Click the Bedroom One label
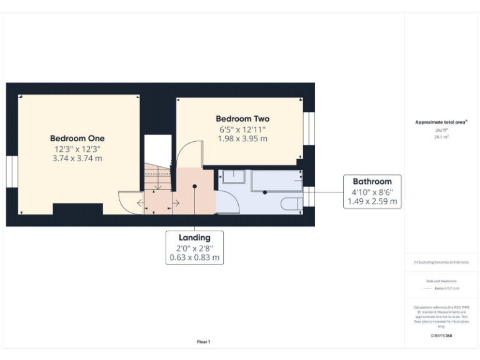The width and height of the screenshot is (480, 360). click(x=77, y=138)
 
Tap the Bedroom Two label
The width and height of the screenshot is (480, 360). click(x=242, y=119)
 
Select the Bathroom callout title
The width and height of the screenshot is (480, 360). click(x=372, y=182)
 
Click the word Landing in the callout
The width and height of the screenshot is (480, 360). click(x=194, y=237)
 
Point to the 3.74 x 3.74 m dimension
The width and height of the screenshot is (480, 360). click(x=77, y=159)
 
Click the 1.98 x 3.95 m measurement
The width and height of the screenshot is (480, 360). click(x=242, y=139)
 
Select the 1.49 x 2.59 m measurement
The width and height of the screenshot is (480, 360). click(x=372, y=202)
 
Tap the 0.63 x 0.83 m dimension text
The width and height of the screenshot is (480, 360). click(x=194, y=257)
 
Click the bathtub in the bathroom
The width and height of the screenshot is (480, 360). click(x=276, y=182)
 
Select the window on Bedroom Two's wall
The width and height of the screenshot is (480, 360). click(x=308, y=128)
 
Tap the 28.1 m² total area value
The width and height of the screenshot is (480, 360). click(x=441, y=136)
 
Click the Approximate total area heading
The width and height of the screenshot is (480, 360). click(x=441, y=122)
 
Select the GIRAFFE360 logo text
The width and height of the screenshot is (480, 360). click(x=441, y=336)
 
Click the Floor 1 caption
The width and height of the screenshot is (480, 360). click(x=204, y=342)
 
